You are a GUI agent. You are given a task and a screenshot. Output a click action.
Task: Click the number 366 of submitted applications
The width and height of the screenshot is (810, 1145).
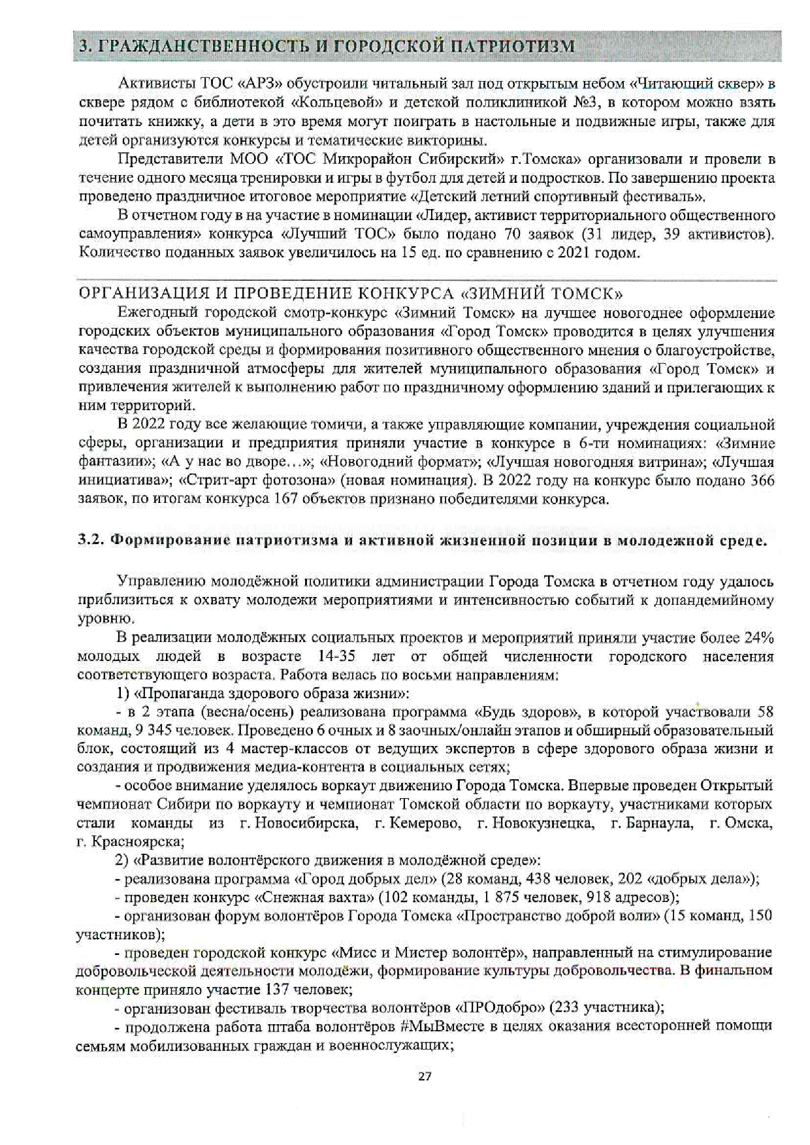[760, 481]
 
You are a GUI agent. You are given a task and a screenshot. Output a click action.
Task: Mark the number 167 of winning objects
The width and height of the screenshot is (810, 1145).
[287, 500]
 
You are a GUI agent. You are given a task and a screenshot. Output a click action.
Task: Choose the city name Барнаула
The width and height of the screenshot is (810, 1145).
[659, 823]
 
